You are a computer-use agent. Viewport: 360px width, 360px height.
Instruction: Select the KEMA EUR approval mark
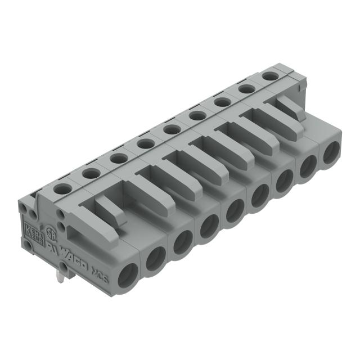click(32, 231)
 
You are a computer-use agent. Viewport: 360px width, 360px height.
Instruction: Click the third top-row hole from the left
click(118, 159)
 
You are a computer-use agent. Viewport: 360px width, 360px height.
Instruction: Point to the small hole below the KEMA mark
click(28, 245)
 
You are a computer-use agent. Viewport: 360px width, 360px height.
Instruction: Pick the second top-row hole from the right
click(245, 88)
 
